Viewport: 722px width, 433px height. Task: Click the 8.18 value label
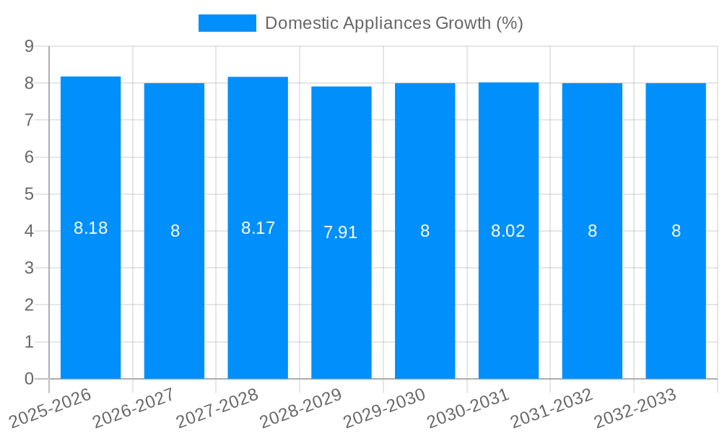90,228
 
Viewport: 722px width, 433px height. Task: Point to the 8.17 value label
258,228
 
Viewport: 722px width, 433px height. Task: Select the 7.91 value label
341,232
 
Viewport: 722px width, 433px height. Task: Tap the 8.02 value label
508,231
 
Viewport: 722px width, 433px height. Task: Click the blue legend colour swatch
227,23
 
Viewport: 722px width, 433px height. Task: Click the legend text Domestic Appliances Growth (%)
393,23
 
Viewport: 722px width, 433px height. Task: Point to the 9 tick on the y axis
29,46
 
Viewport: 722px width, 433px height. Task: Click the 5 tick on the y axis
29,194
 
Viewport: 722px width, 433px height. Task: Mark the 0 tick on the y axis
29,379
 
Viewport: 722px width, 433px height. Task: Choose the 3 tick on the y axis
29,268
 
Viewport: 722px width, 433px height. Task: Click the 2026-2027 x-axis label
134,407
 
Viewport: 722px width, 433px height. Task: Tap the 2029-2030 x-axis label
385,407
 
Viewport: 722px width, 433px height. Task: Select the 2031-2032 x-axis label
552,407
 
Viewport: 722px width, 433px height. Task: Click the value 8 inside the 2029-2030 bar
425,231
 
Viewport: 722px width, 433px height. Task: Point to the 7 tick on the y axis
29,121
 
